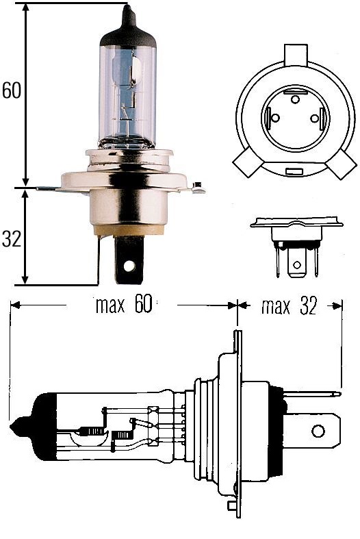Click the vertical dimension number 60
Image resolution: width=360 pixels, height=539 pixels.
12,91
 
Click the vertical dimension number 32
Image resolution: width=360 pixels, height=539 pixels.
11,239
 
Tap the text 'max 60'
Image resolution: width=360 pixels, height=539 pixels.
123,306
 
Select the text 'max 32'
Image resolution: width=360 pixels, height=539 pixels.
290,306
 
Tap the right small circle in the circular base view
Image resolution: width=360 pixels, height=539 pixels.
314,118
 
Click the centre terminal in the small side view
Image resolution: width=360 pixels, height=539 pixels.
296,266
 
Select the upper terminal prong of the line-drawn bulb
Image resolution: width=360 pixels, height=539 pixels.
312,394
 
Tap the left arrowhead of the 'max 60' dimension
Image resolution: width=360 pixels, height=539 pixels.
15,306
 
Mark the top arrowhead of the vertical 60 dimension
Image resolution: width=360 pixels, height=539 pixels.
26,8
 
